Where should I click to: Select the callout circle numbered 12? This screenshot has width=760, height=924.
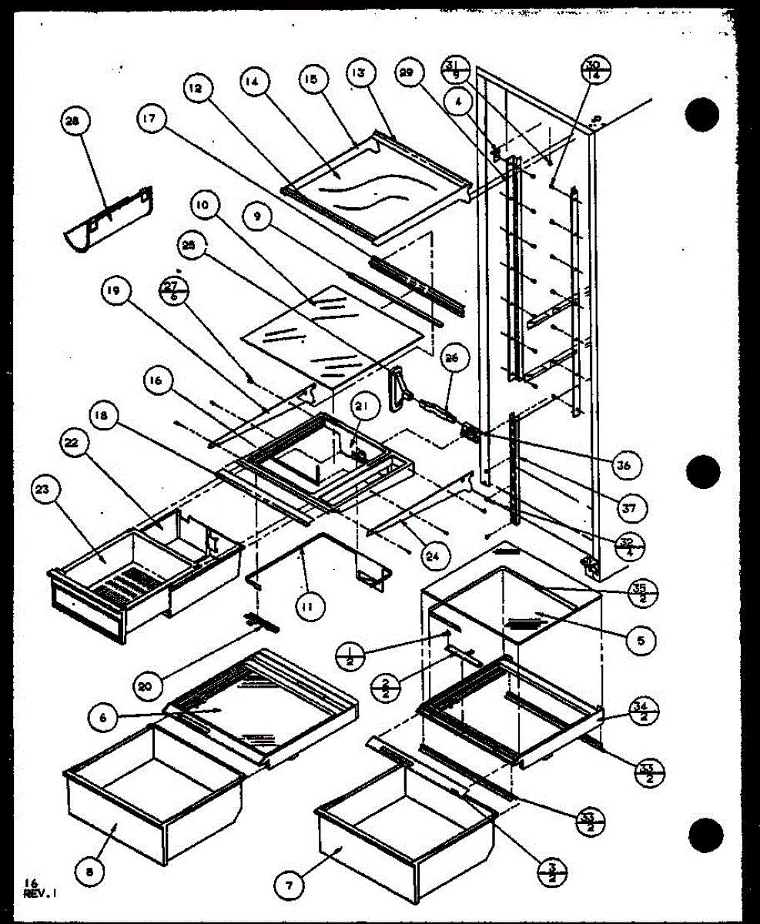(x=195, y=89)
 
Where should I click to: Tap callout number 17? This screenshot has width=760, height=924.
(x=149, y=119)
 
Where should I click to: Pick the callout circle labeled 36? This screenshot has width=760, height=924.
(x=628, y=464)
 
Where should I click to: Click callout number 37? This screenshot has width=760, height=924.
(x=630, y=507)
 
